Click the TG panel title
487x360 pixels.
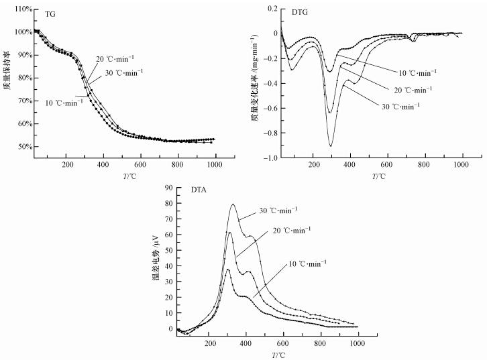(x=50, y=14)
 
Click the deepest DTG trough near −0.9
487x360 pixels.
(x=330, y=145)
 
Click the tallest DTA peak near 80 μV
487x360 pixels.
(x=233, y=204)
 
